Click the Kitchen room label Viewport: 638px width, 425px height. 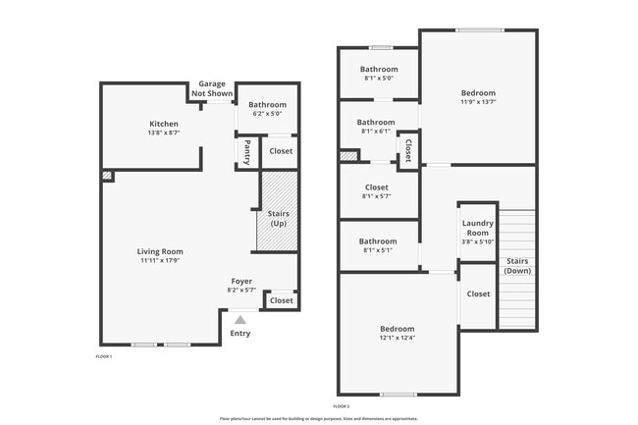(x=163, y=124)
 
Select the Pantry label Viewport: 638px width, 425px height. (x=247, y=151)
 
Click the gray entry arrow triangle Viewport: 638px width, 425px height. (x=239, y=319)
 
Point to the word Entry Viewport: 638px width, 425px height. (x=239, y=333)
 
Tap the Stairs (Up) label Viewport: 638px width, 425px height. (x=278, y=218)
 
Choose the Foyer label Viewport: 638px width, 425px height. (x=241, y=281)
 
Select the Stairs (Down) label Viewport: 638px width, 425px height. (x=516, y=265)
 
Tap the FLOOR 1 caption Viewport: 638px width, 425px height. (x=103, y=356)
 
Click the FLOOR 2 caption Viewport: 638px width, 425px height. (x=341, y=405)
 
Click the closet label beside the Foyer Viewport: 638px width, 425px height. (x=281, y=300)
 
